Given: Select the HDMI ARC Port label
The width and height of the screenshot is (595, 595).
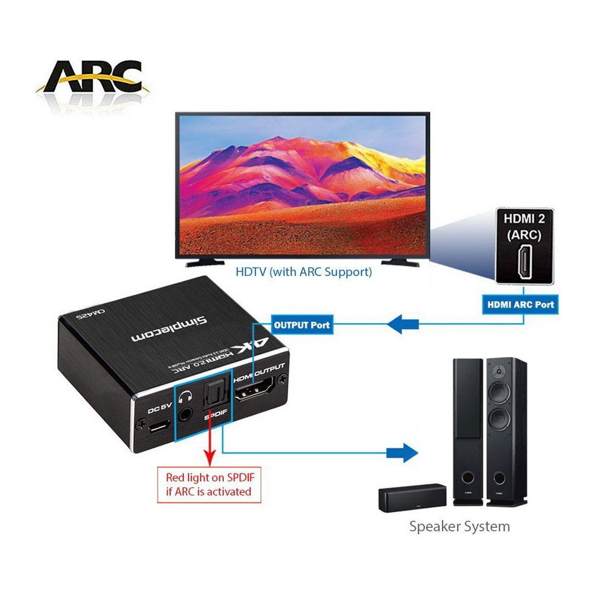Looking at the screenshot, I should [520, 304].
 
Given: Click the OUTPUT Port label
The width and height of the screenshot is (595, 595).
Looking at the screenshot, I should [301, 325].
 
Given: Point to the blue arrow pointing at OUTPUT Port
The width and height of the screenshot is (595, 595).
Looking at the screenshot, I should [404, 325].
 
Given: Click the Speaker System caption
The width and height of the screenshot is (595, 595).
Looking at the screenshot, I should [459, 526].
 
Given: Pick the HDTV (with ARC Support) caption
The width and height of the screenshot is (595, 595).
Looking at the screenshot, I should [303, 273].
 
